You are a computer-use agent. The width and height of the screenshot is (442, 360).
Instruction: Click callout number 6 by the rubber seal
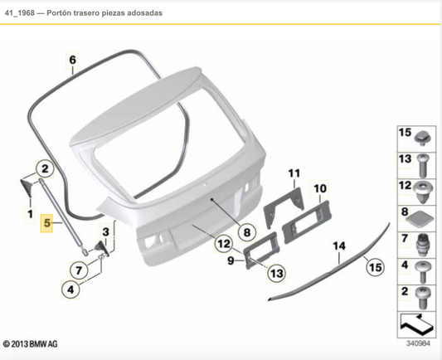(72, 60)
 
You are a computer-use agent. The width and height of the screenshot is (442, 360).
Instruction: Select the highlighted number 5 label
(47, 223)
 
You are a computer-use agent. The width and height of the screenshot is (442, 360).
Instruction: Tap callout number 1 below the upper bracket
(31, 215)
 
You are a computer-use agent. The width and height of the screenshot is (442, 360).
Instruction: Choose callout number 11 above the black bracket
(293, 173)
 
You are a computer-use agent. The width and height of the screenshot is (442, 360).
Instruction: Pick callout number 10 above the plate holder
(320, 188)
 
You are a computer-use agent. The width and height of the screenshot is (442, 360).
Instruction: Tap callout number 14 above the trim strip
(338, 246)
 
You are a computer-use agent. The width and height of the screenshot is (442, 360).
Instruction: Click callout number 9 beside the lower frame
(232, 260)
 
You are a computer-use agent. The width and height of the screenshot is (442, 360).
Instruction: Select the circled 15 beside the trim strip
(376, 267)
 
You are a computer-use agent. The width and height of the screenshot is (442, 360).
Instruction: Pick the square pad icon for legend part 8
(423, 218)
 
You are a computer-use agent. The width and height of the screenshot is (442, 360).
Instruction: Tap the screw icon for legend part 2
(423, 296)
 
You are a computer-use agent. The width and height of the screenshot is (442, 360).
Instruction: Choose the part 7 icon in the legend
(423, 244)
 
